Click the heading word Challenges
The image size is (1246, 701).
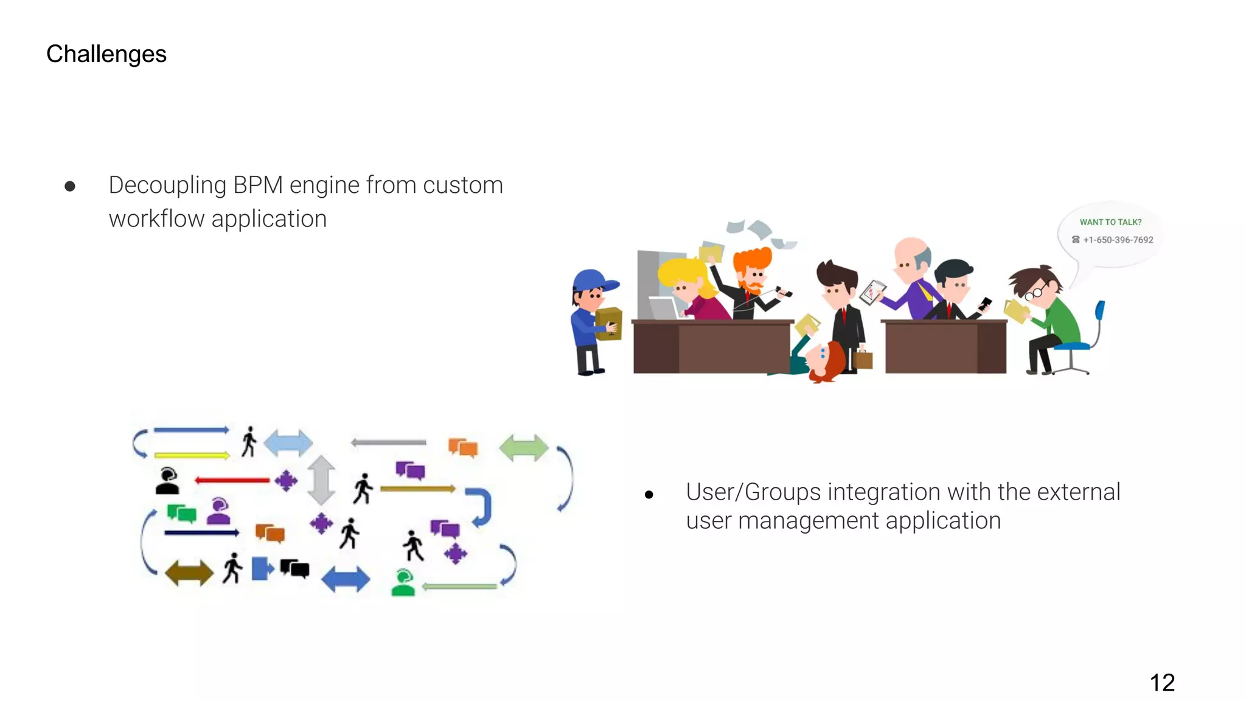click(x=106, y=54)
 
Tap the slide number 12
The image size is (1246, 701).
click(x=1161, y=682)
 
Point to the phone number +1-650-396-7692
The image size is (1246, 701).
click(x=1118, y=240)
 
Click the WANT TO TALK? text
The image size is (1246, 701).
click(x=1110, y=222)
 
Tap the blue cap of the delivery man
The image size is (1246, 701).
click(x=593, y=281)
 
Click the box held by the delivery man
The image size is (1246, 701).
click(x=609, y=323)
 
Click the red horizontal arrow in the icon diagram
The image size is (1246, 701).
click(x=232, y=480)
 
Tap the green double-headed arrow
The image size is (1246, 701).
click(x=523, y=448)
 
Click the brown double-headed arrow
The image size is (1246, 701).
click(x=189, y=573)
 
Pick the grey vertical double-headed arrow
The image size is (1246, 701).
click(x=321, y=481)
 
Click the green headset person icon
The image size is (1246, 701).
click(x=403, y=582)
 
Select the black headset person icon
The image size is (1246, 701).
click(x=167, y=480)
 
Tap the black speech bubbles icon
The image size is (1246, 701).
click(x=295, y=568)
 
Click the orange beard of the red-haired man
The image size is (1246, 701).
click(x=752, y=286)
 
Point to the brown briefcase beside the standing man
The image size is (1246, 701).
click(x=862, y=359)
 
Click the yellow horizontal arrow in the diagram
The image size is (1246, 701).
click(x=192, y=455)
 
